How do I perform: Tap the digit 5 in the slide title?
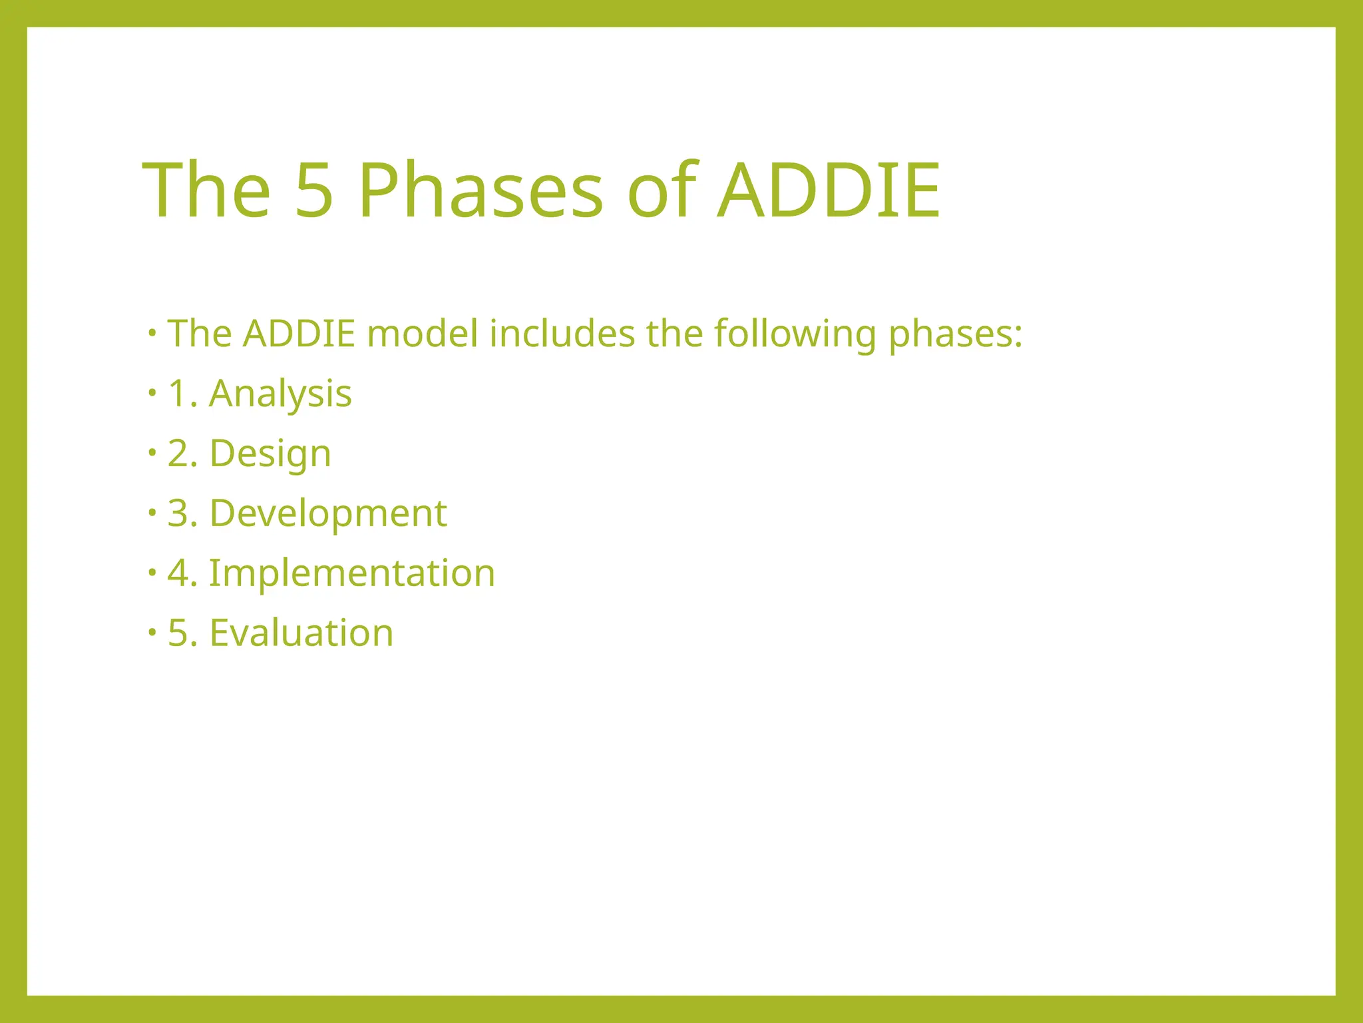click(x=313, y=191)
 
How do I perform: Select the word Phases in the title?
click(x=481, y=191)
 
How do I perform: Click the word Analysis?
click(x=280, y=394)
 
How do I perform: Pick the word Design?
click(x=270, y=454)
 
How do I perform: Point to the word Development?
click(x=328, y=513)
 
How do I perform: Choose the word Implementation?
click(x=352, y=573)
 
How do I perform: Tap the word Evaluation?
click(x=301, y=633)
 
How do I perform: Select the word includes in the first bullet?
click(x=562, y=334)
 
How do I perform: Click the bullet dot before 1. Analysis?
click(x=152, y=393)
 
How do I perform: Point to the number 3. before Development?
click(x=183, y=513)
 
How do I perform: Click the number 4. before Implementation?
click(x=183, y=573)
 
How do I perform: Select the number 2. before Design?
click(x=183, y=454)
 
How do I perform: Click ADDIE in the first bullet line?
click(x=299, y=334)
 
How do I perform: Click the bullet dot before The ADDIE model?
click(x=152, y=332)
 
